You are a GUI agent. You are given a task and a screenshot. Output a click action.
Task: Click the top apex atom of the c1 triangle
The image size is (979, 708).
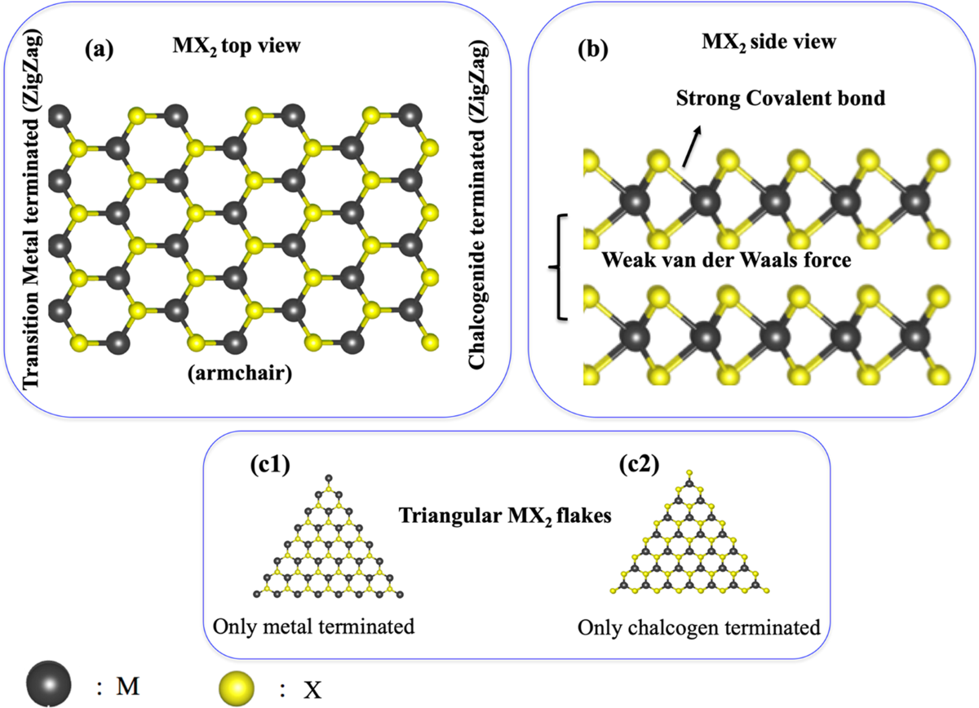point(328,477)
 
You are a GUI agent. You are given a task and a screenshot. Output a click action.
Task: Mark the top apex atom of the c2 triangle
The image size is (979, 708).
point(689,472)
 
